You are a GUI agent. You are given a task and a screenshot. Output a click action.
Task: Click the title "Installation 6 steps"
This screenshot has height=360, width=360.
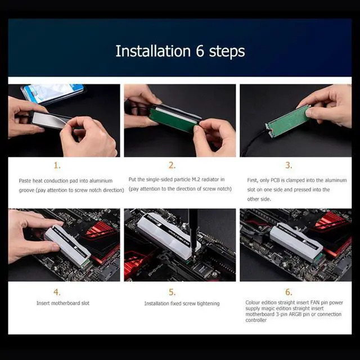(180, 51)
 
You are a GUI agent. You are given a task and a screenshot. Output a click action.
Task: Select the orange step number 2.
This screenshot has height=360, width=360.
(172, 165)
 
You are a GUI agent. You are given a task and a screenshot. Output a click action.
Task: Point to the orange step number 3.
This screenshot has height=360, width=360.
(288, 165)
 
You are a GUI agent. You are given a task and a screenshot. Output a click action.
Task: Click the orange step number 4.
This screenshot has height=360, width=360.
(57, 292)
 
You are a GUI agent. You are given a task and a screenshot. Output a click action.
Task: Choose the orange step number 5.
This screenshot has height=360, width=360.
(172, 292)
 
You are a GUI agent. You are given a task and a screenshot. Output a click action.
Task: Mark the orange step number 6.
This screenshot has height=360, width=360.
(288, 292)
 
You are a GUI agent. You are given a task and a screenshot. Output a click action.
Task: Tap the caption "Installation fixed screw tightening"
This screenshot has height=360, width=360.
(182, 304)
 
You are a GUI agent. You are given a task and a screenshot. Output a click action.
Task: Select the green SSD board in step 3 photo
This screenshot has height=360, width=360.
(288, 119)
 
